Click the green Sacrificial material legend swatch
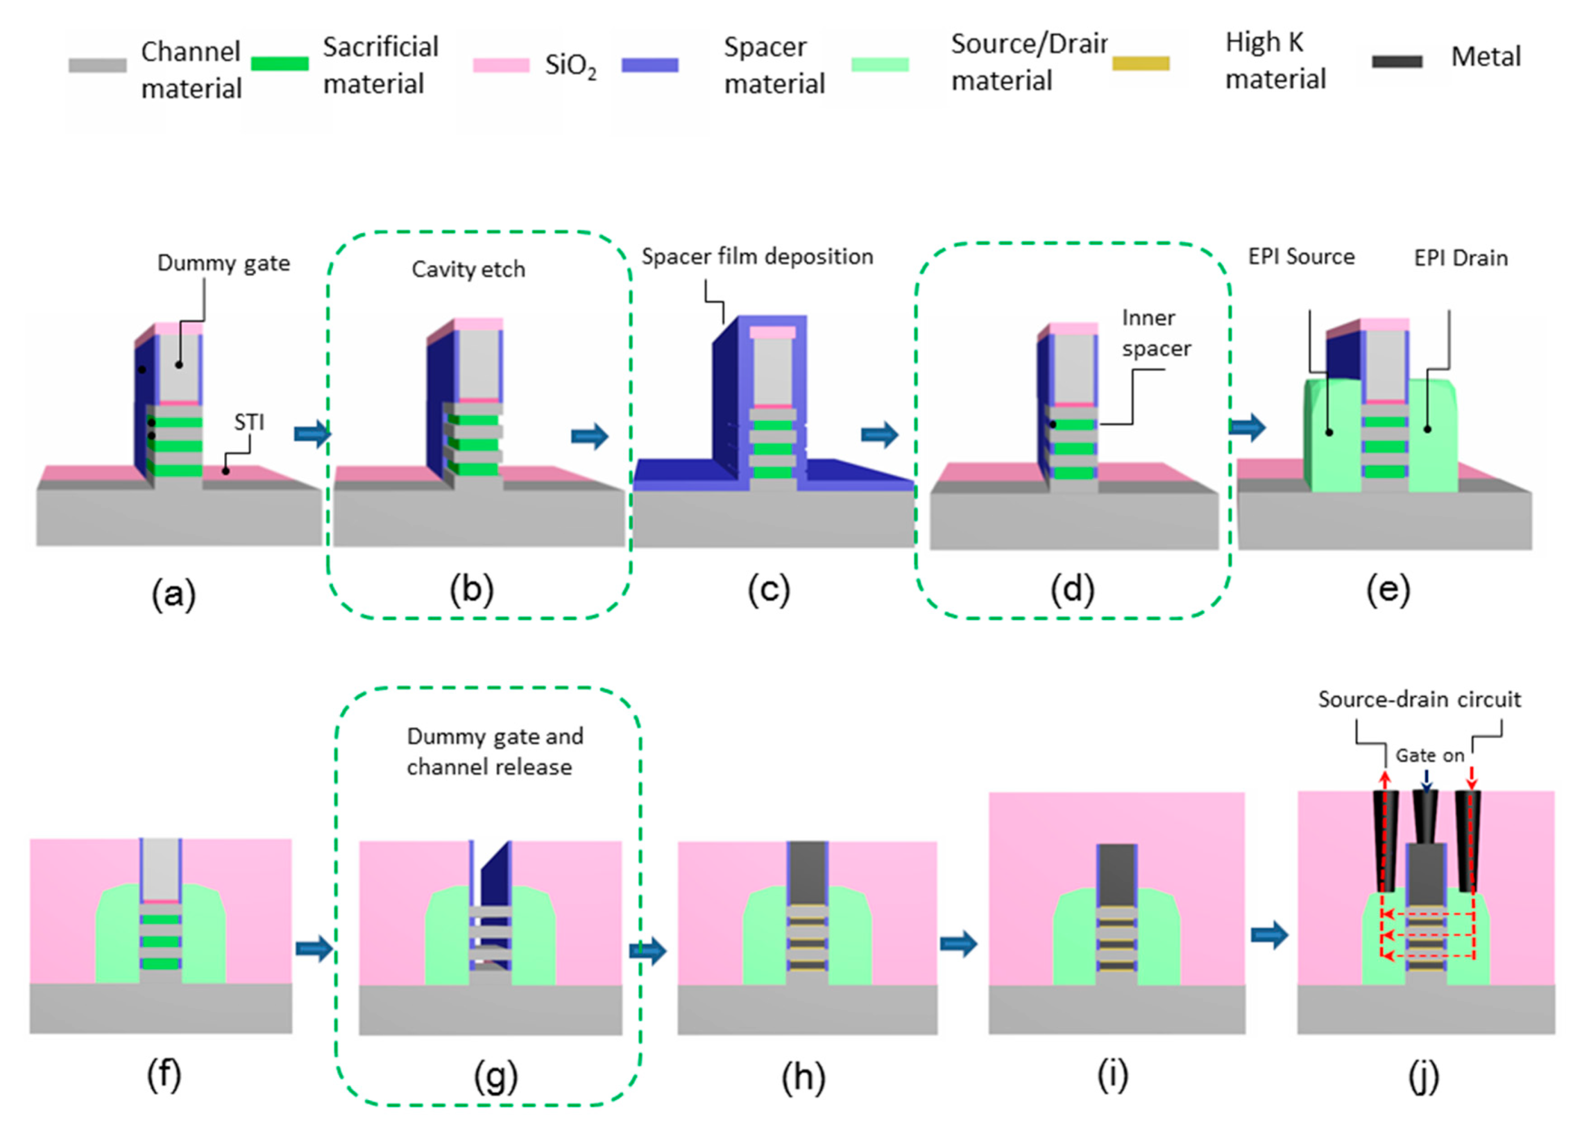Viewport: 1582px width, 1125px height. coord(279,64)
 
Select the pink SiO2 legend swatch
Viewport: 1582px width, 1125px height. coord(501,65)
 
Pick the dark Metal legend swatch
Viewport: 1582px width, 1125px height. coord(1397,62)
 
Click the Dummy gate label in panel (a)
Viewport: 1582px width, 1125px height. coord(223,263)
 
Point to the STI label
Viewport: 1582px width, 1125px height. coord(249,422)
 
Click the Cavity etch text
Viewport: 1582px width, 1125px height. coord(468,269)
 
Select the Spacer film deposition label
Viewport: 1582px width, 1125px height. coord(756,257)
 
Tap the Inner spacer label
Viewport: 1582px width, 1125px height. coord(1156,333)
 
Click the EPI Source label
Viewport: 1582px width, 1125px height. coord(1301,257)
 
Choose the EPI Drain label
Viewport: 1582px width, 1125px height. coord(1461,259)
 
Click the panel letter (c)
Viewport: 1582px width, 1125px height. coord(768,591)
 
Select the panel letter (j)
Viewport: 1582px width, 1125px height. coord(1424,1077)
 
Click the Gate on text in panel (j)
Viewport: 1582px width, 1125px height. coord(1430,755)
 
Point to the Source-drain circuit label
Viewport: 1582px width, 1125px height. coord(1419,699)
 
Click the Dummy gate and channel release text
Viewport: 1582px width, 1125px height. coord(494,752)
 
